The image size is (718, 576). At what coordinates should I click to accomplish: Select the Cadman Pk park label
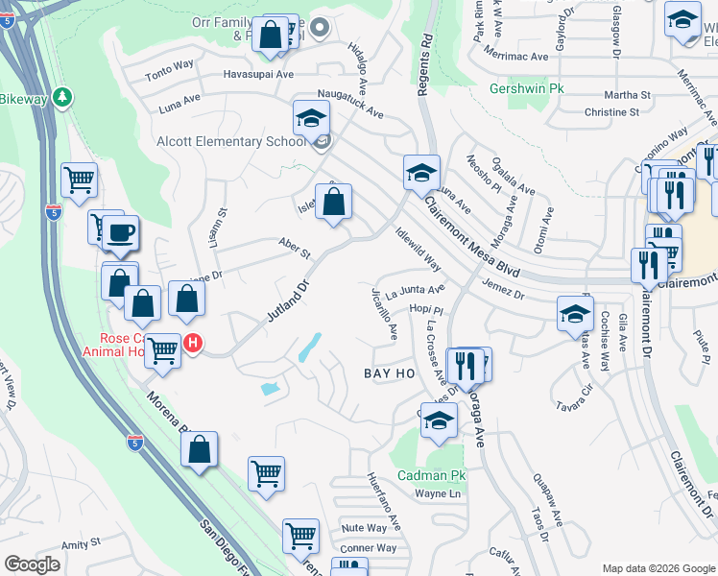[x=432, y=475]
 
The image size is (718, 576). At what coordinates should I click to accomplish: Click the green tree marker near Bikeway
[x=62, y=97]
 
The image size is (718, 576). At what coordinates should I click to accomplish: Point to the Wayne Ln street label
[x=438, y=494]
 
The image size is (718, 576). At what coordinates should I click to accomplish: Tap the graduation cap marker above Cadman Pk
[x=439, y=420]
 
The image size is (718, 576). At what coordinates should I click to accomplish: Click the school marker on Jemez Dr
[x=575, y=313]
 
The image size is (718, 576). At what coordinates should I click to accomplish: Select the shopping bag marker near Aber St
[x=333, y=203]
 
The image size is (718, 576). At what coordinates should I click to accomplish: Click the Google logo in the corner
[x=33, y=564]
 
